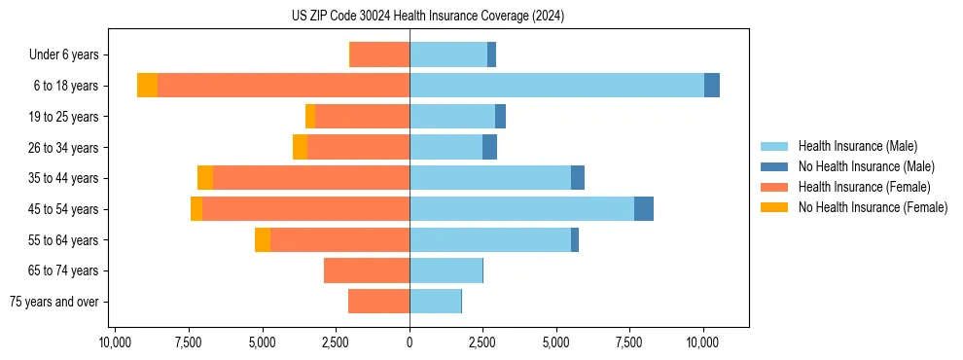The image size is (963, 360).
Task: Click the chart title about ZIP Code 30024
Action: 427,17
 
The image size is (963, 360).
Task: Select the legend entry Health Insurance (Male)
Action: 856,146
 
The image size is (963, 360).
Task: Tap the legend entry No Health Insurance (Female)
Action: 873,207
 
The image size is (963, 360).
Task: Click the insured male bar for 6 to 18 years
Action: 556,86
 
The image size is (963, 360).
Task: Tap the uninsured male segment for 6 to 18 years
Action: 712,86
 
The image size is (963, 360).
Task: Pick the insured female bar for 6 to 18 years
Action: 283,86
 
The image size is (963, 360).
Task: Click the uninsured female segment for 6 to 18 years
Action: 147,86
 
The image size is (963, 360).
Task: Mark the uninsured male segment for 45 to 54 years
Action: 644,209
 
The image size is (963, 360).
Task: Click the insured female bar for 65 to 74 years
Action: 367,270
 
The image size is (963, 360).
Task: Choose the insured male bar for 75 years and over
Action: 435,302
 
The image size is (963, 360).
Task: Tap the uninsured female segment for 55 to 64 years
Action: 263,239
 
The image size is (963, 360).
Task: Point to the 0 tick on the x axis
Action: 410,342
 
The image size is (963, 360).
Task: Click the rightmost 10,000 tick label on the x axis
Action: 702,342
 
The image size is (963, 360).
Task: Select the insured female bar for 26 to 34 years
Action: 358,147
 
